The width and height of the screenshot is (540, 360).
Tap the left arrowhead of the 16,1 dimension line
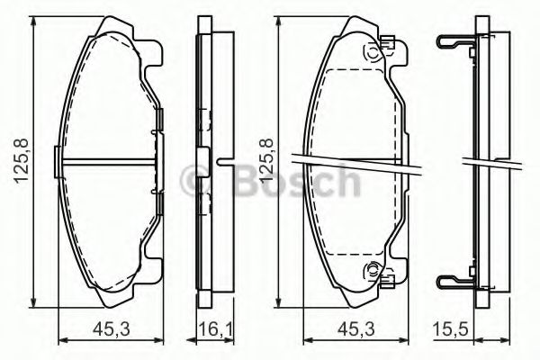tap(200, 341)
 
